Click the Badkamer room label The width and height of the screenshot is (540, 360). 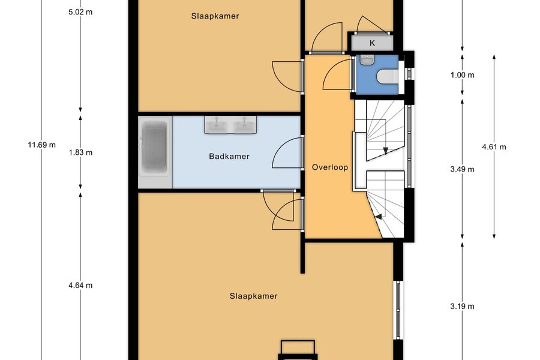pyautogui.click(x=229, y=157)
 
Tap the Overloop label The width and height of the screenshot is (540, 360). pyautogui.click(x=330, y=167)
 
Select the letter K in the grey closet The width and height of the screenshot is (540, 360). pyautogui.click(x=372, y=43)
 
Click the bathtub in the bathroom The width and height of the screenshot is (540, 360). pyautogui.click(x=155, y=152)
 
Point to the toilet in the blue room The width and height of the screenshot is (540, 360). pyautogui.click(x=388, y=77)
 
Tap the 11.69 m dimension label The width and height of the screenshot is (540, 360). pyautogui.click(x=41, y=145)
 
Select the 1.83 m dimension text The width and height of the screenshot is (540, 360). pyautogui.click(x=80, y=152)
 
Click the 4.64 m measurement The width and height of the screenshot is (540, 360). pyautogui.click(x=80, y=285)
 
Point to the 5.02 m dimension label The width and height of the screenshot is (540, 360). pyautogui.click(x=80, y=12)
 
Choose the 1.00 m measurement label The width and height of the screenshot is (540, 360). pyautogui.click(x=462, y=75)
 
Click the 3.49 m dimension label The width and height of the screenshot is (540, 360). pyautogui.click(x=462, y=169)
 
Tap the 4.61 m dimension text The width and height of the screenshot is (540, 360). pyautogui.click(x=494, y=147)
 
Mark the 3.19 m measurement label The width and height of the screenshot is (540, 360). pyautogui.click(x=462, y=306)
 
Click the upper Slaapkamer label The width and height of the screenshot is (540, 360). pyautogui.click(x=215, y=16)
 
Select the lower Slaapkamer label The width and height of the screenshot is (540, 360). pyautogui.click(x=253, y=296)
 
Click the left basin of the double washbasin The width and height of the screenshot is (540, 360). pyautogui.click(x=217, y=125)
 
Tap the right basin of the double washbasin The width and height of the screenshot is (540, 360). pyautogui.click(x=244, y=125)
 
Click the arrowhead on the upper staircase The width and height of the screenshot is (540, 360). pyautogui.click(x=385, y=150)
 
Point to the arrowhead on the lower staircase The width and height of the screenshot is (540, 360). pyautogui.click(x=379, y=217)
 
